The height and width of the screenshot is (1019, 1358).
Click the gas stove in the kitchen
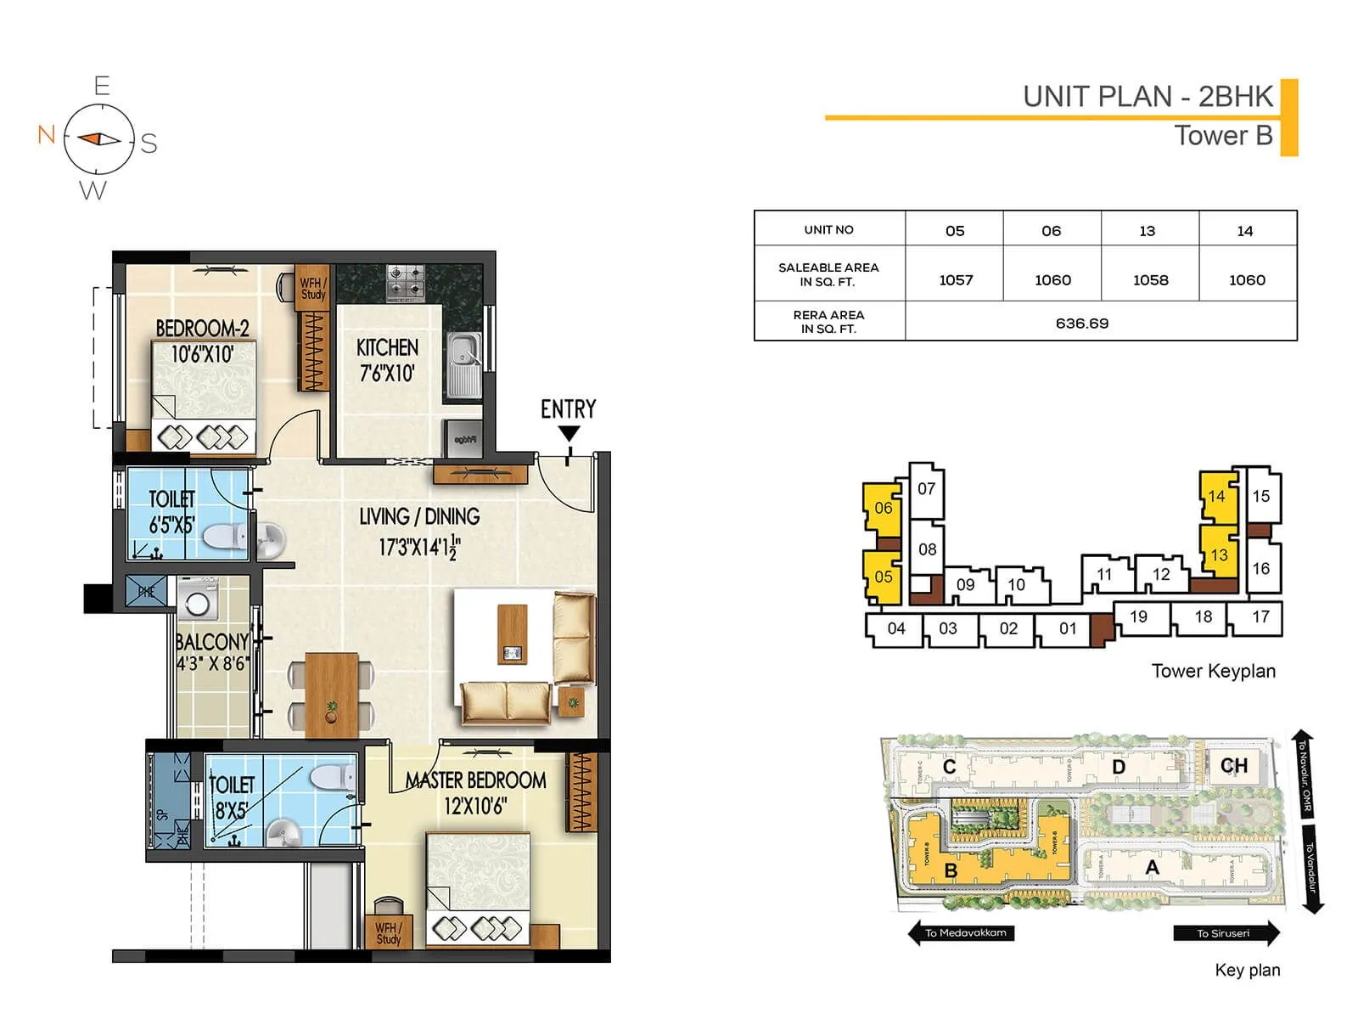click(x=405, y=283)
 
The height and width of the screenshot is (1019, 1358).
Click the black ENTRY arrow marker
click(x=569, y=434)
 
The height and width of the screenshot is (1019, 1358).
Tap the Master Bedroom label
click(x=475, y=780)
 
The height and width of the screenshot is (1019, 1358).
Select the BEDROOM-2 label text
click(x=202, y=328)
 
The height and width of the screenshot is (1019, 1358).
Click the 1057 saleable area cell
click(x=956, y=280)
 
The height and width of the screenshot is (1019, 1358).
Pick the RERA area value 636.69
click(x=1082, y=324)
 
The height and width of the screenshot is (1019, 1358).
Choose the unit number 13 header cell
click(x=1148, y=231)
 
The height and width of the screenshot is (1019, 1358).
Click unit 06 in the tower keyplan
click(x=883, y=508)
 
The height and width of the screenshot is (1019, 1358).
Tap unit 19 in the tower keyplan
click(x=1138, y=617)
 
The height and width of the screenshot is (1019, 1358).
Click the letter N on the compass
click(x=47, y=134)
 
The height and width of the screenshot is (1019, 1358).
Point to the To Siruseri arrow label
click(x=1225, y=932)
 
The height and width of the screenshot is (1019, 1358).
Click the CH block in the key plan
click(x=1233, y=766)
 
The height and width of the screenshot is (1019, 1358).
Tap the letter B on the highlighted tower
click(x=951, y=871)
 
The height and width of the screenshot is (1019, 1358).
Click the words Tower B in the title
click(x=1223, y=136)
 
